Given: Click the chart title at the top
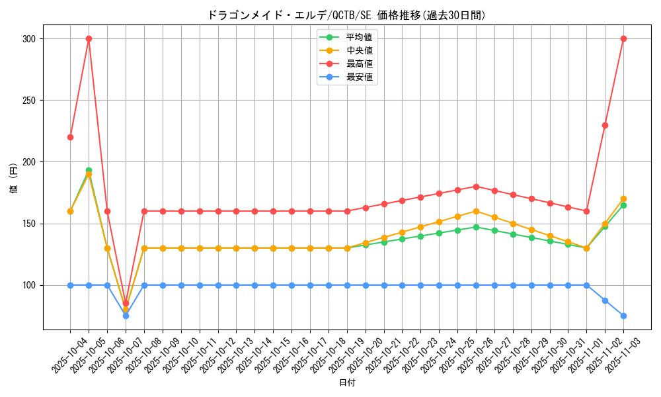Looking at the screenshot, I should (346, 15).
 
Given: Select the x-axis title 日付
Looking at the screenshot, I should (346, 382).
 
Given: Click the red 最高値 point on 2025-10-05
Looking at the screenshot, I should (89, 38).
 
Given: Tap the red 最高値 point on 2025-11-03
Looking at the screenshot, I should (623, 38).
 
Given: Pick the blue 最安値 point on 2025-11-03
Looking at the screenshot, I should (623, 316).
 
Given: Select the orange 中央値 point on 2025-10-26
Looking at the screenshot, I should (476, 211).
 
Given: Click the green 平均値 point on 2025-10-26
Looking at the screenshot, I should (476, 227).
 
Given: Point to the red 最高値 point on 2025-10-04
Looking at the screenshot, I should (70, 137).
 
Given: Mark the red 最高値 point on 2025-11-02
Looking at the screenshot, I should (605, 125).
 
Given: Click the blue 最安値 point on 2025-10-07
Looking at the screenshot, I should (126, 316).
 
